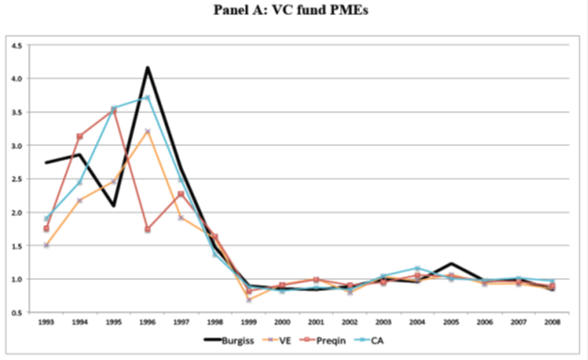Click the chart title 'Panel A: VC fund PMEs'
point(291,9)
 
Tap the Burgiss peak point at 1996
point(147,68)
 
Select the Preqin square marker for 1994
point(79,137)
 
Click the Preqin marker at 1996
point(147,229)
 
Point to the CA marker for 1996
point(147,97)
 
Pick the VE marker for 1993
point(46,245)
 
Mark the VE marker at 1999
point(249,300)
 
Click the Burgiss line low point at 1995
point(113,205)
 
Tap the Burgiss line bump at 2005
point(451,263)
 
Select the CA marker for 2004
point(417,269)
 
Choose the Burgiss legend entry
point(229,340)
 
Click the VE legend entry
point(276,340)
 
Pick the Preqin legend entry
point(322,340)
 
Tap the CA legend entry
point(369,340)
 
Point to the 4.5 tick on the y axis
point(17,46)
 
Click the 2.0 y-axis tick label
point(17,213)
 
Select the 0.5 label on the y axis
point(17,313)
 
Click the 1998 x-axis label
point(215,322)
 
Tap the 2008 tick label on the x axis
point(552,322)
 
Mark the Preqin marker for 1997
point(181,194)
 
